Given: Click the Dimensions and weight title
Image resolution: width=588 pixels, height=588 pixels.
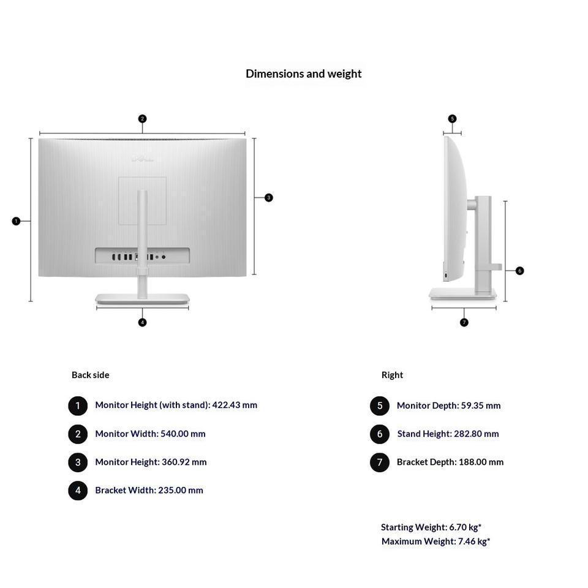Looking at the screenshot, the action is (303, 73).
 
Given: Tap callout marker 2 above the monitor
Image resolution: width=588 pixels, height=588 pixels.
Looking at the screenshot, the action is (142, 119).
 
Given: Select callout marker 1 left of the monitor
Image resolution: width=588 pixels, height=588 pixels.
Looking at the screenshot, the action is (16, 221).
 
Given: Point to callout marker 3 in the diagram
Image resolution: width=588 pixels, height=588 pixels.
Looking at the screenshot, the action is (268, 198).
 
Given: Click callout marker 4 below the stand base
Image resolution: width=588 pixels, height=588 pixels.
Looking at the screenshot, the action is (142, 322).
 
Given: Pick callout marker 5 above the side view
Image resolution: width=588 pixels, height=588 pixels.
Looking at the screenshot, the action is (452, 119).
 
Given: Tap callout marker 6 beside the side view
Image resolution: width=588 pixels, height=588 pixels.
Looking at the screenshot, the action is (519, 271).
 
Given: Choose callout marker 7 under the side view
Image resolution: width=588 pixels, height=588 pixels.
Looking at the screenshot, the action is (464, 322).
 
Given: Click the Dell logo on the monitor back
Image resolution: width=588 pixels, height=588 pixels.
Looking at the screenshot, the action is (142, 159).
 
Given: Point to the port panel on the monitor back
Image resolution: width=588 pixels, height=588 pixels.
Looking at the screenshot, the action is (142, 257).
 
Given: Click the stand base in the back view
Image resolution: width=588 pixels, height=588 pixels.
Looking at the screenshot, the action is (142, 299).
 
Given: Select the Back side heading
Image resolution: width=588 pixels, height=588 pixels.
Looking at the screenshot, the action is (90, 375).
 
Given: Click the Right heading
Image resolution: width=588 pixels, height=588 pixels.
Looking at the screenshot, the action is (392, 375).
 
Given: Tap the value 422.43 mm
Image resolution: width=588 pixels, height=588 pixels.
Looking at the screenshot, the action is (235, 405).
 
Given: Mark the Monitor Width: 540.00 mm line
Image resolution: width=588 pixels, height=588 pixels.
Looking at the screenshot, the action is (150, 434).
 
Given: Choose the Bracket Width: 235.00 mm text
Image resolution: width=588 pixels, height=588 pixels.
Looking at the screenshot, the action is (149, 490).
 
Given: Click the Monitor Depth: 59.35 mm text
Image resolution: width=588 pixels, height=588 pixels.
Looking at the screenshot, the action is (448, 405).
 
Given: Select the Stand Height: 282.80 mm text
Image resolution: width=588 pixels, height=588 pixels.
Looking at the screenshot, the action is (448, 434).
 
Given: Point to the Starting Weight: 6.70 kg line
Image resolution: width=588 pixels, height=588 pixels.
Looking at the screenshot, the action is (431, 527).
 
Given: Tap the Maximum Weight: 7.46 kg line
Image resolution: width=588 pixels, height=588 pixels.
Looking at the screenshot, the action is (435, 541).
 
